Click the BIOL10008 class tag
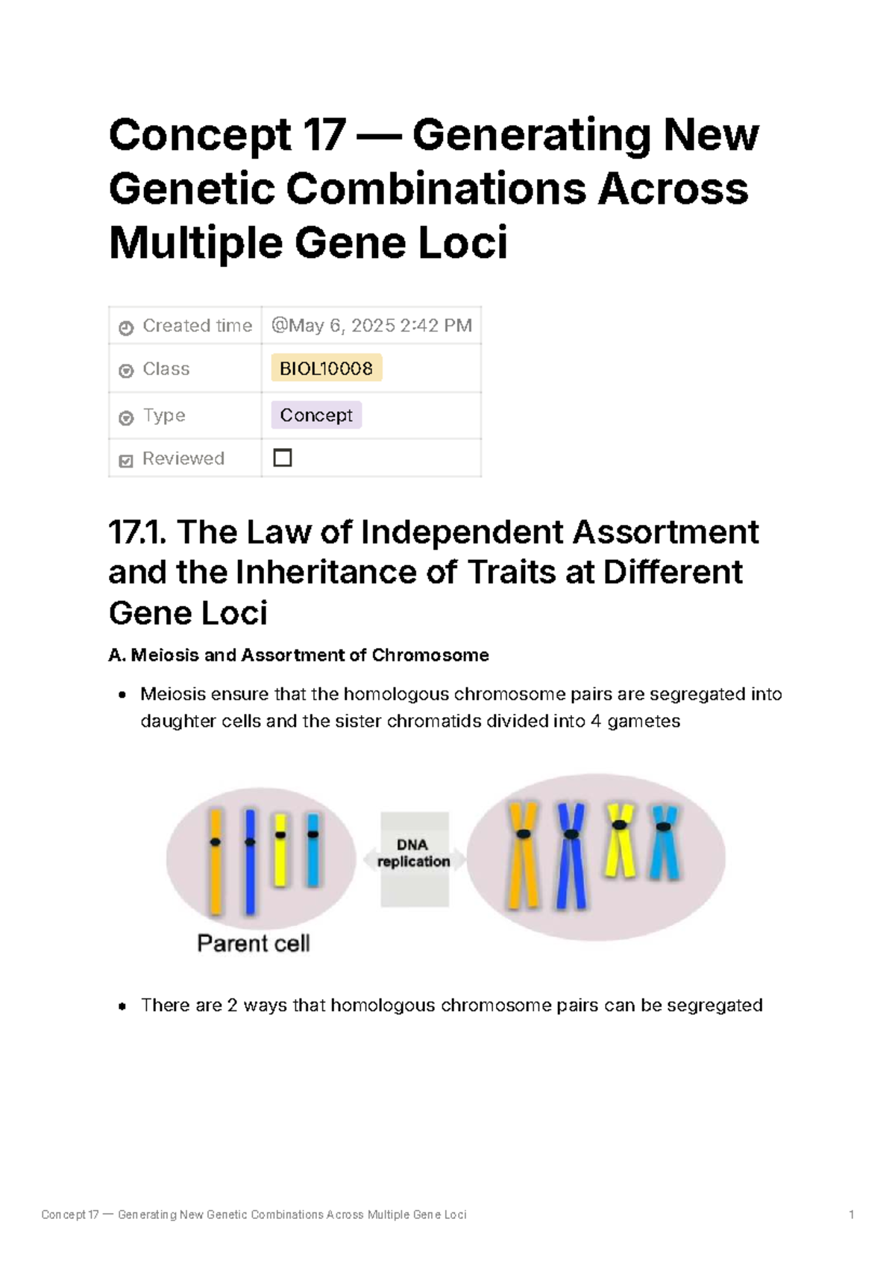click(326, 368)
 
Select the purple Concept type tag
click(316, 415)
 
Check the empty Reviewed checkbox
click(283, 458)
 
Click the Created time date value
click(371, 326)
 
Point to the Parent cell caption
click(253, 943)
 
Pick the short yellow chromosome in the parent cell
click(280, 850)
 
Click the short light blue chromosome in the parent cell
click(313, 850)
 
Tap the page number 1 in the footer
click(851, 1215)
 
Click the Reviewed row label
click(183, 459)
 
